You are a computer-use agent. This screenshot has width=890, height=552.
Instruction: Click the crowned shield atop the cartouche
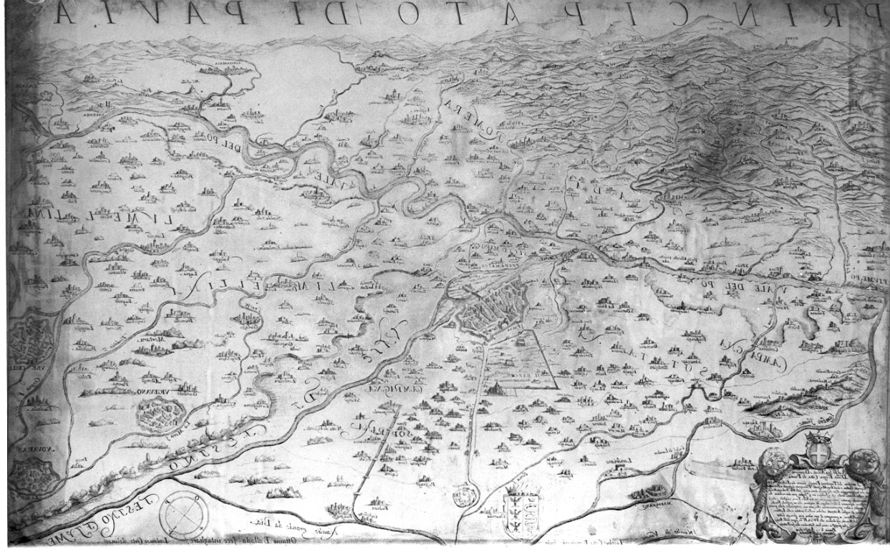click(815, 452)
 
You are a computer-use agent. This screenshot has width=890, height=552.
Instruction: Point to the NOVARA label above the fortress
click(26, 449)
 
